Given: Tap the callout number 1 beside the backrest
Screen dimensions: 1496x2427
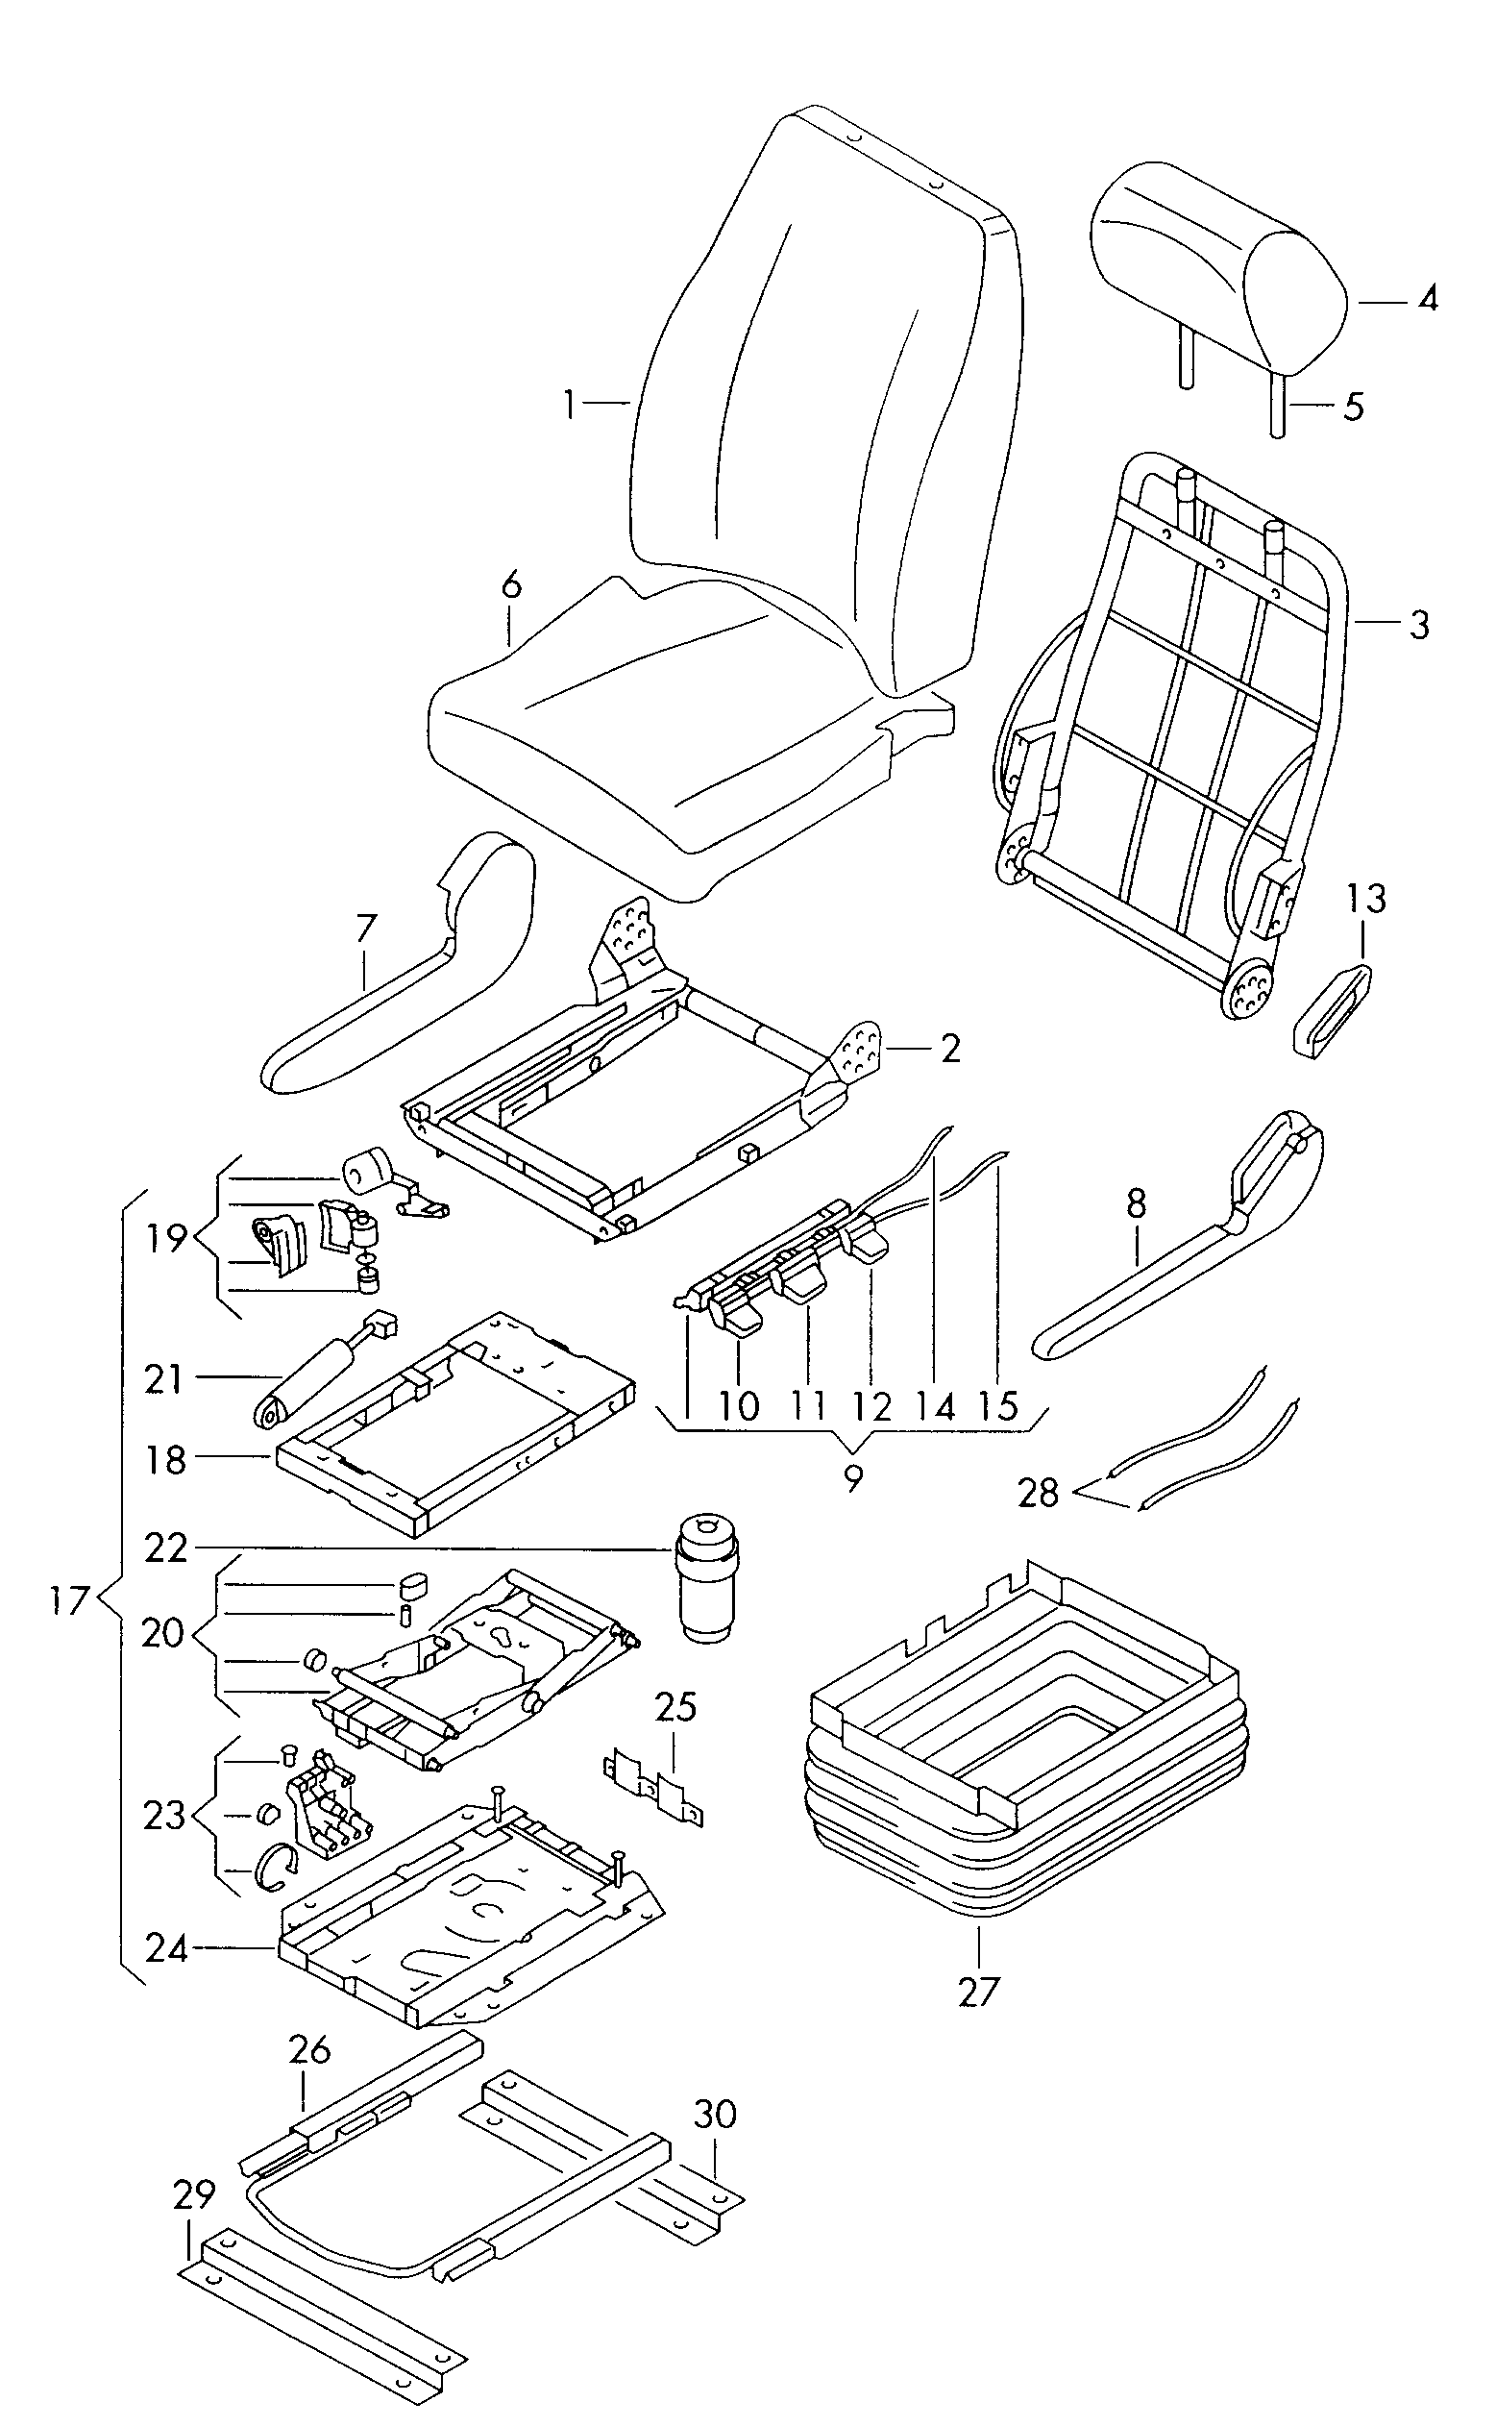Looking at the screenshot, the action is point(569,405).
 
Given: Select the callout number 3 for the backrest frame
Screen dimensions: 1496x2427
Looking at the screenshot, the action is point(1419,626).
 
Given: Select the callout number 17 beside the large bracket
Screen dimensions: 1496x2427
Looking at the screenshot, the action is point(70,1600).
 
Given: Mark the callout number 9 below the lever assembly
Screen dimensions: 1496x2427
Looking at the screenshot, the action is point(853,1477).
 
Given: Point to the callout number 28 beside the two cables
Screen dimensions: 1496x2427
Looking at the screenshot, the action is point(1039,1493).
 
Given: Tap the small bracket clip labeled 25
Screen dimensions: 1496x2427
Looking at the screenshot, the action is point(653,1788).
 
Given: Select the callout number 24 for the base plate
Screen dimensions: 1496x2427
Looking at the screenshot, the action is point(166,1948).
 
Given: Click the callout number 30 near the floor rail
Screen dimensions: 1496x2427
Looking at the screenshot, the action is point(714,2115).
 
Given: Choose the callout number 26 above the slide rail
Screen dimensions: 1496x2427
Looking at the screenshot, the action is point(309,2050).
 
